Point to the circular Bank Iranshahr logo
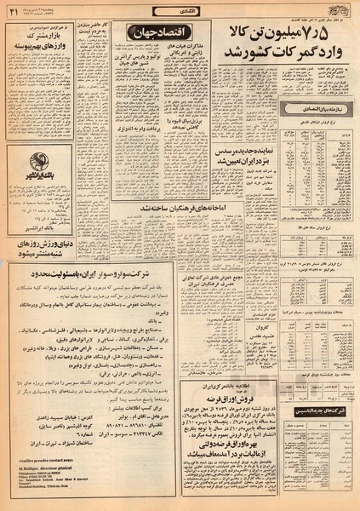40,163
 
